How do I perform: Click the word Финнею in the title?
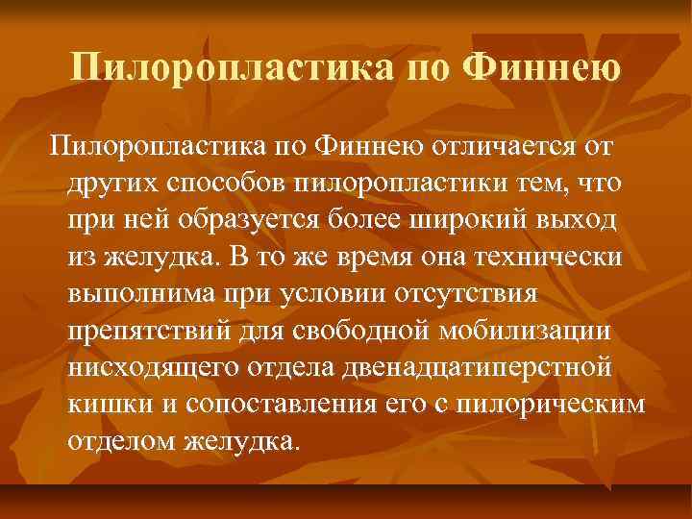541,71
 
